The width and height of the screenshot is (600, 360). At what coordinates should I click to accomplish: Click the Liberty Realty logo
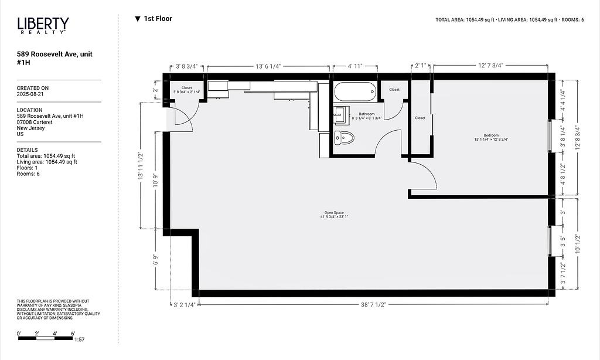tap(43, 26)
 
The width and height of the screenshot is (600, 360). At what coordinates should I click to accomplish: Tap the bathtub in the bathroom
tap(356, 91)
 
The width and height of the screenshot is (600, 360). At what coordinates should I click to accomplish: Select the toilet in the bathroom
tap(344, 138)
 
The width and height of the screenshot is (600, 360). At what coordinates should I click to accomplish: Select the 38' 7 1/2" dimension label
tap(373, 304)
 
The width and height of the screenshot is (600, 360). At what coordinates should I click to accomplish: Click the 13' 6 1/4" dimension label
tap(268, 66)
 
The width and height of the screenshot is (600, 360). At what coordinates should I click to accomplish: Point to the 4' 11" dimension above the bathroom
tap(354, 66)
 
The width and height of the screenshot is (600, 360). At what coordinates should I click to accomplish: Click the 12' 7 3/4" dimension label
tap(490, 66)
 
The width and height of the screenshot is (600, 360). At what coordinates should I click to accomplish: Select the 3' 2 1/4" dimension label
tap(185, 305)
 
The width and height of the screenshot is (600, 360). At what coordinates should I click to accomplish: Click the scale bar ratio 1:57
tap(80, 339)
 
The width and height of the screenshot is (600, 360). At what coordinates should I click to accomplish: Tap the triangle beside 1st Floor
tap(138, 19)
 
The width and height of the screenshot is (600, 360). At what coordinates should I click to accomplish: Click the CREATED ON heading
tap(33, 88)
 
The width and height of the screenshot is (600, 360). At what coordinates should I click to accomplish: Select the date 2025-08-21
tap(30, 94)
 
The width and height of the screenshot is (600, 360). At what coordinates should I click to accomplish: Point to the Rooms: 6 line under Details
tap(28, 174)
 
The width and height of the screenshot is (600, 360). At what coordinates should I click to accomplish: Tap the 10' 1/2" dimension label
tap(578, 243)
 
